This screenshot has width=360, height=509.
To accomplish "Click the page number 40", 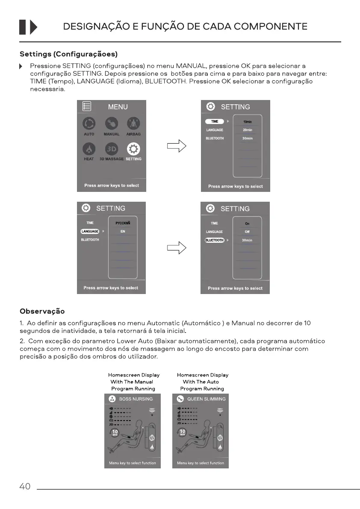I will pos(25,486).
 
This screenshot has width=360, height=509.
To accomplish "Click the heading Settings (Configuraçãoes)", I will pos(68,54).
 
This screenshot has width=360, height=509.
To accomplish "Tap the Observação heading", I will pos(42,311).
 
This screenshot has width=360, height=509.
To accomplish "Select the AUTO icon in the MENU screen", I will pos(89,124).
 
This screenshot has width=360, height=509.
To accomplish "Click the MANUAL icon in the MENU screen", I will pos(112,124).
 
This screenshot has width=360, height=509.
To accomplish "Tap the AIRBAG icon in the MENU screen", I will pos(133,124).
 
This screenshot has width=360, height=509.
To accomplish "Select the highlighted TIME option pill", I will pos(215,121).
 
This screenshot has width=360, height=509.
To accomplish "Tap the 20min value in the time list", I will pos(247,130).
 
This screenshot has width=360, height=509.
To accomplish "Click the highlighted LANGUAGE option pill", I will pos(90,231).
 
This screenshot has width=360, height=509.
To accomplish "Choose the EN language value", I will pos(123,231).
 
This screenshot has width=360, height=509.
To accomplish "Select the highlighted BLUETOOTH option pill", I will pos(214,240).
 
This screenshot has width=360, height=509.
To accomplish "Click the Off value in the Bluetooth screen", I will pos(247,232).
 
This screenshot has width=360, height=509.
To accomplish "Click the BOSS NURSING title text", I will pos(136,399).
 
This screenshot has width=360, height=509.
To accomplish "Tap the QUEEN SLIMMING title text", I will pos(206,399).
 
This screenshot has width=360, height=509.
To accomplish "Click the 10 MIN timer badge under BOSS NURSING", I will pos(115,433).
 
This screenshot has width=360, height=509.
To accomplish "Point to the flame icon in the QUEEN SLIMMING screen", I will pos(220,447).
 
